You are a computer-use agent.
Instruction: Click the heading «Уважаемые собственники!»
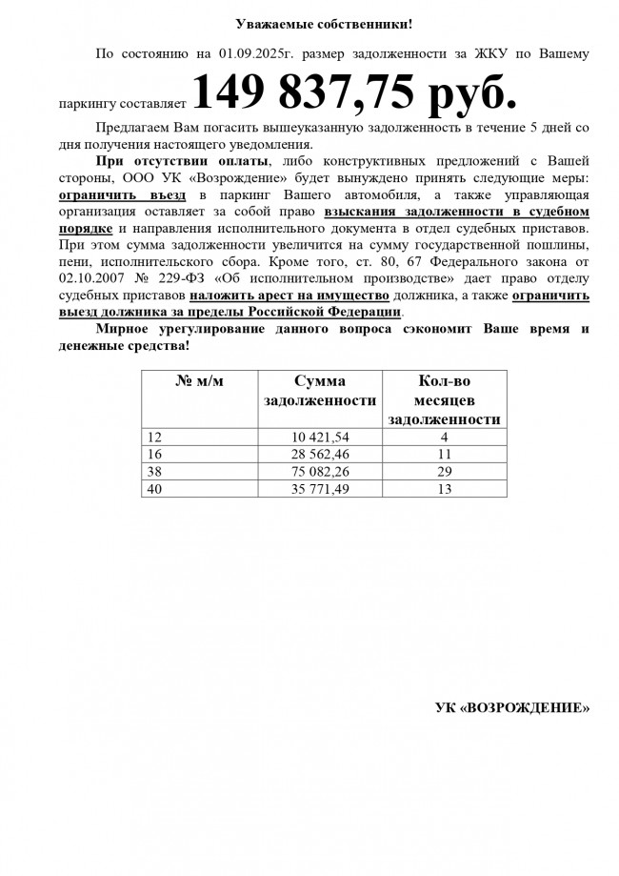pyautogui.click(x=310, y=23)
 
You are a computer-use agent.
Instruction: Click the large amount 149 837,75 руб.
pyautogui.click(x=355, y=93)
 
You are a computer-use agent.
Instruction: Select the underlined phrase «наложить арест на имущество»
pyautogui.click(x=288, y=295)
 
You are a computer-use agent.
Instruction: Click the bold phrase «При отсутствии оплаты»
pyautogui.click(x=182, y=161)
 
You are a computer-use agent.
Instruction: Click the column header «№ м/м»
pyautogui.click(x=200, y=381)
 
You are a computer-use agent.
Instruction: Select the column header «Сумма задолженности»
pyautogui.click(x=320, y=391)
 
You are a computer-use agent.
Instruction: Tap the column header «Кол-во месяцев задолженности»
pyautogui.click(x=445, y=399)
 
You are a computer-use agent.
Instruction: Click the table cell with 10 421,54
pyautogui.click(x=320, y=437)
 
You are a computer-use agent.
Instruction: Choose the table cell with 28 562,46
pyautogui.click(x=320, y=454)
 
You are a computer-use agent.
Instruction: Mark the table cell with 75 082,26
pyautogui.click(x=320, y=471)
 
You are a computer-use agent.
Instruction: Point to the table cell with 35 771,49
pyautogui.click(x=320, y=488)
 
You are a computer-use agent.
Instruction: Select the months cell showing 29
pyautogui.click(x=445, y=471)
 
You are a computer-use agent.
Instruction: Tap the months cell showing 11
pyautogui.click(x=445, y=454)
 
